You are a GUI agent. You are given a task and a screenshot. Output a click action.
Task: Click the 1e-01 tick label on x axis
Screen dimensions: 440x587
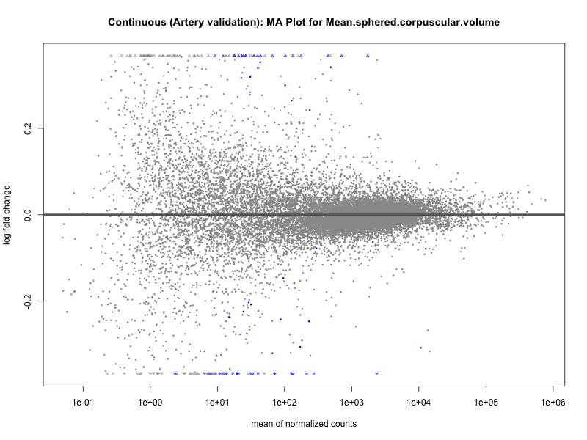83,403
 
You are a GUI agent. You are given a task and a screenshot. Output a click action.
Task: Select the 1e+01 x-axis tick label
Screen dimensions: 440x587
217,403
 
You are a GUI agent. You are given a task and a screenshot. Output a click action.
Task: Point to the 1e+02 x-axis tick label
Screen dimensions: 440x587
284,403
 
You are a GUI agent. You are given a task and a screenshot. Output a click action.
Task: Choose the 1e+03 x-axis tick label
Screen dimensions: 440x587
351,403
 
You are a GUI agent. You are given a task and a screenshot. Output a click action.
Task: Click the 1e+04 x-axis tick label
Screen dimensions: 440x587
418,403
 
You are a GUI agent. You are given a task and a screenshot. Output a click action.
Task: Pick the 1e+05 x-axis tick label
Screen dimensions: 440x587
486,403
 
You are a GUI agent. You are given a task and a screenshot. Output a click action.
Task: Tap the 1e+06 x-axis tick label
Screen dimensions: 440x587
553,403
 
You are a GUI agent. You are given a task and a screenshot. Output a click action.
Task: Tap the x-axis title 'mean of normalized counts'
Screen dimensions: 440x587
304,424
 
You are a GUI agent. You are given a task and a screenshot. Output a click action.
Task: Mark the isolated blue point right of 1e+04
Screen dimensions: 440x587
420,348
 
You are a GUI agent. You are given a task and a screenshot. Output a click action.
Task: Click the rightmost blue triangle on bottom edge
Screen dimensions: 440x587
376,373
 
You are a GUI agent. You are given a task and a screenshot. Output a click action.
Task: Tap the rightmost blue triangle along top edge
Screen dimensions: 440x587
368,56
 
